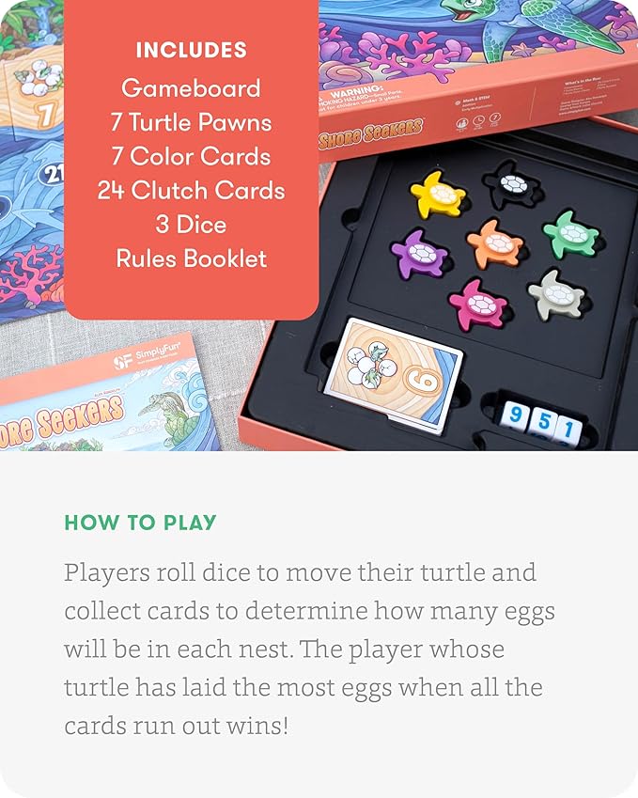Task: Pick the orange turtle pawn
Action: click(x=495, y=243)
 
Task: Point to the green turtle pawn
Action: click(x=570, y=233)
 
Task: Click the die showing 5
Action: click(x=541, y=422)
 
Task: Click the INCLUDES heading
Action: click(x=191, y=51)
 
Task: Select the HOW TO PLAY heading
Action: click(x=140, y=523)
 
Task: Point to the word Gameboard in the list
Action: click(x=191, y=88)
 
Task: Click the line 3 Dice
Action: click(x=191, y=224)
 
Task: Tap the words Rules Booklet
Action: click(x=191, y=258)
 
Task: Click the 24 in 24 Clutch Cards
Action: click(x=113, y=190)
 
